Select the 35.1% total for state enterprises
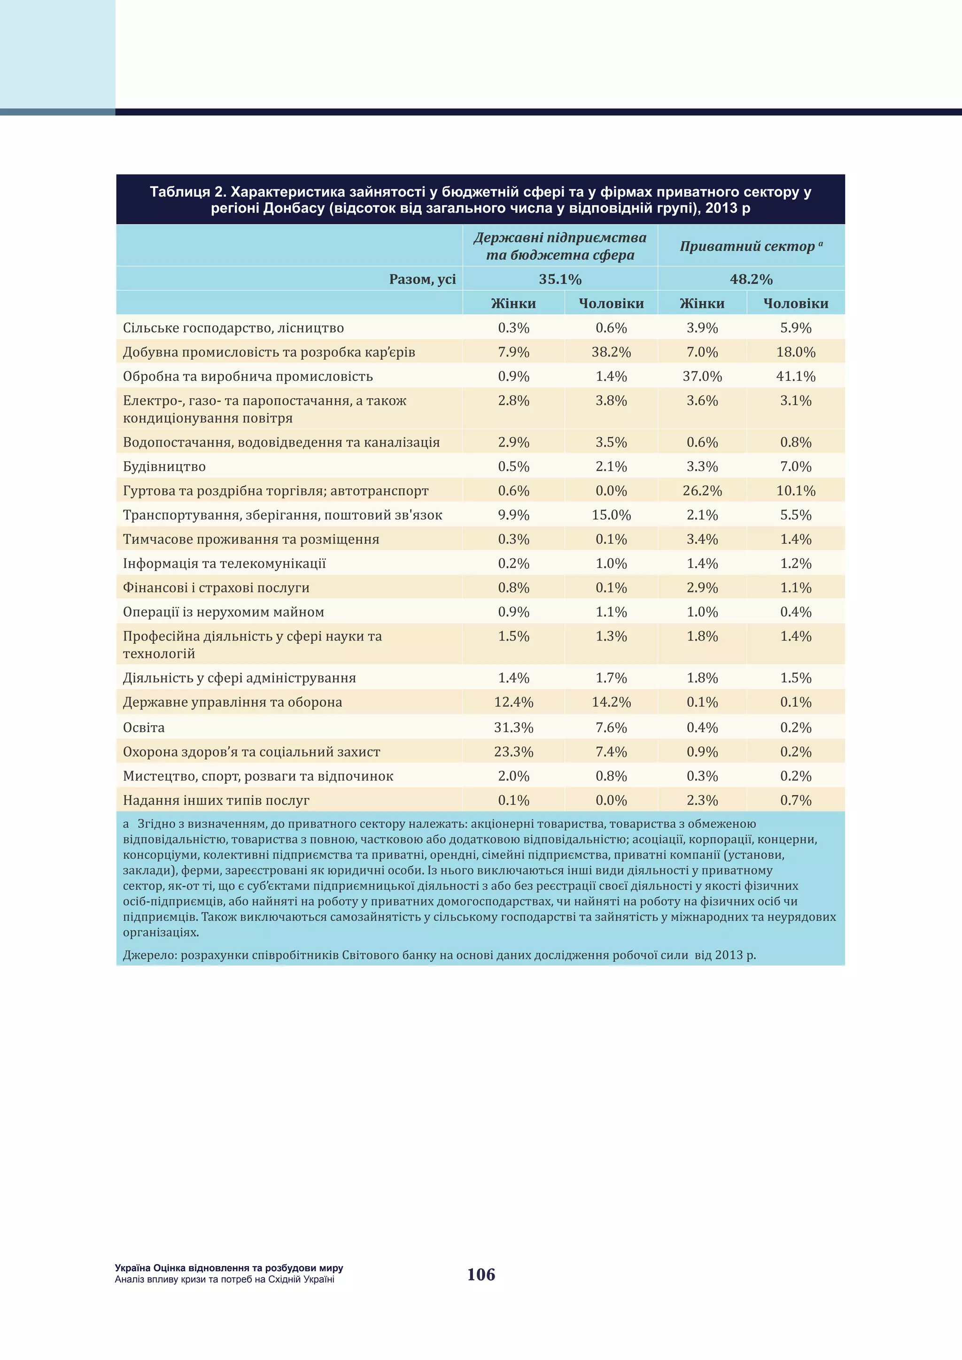pos(560,279)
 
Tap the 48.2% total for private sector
pos(751,279)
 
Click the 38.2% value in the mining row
pos(611,352)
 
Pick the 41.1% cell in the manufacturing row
pos(796,376)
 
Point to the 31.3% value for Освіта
pos(513,727)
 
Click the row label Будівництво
pos(164,466)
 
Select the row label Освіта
pos(143,727)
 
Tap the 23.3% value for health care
pos(513,752)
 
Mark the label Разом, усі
pos(422,279)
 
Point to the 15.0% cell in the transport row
pos(611,515)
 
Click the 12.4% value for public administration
pos(513,702)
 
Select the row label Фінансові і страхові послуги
pos(216,587)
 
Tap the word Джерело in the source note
pos(149,955)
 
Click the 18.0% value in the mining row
pos(796,352)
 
